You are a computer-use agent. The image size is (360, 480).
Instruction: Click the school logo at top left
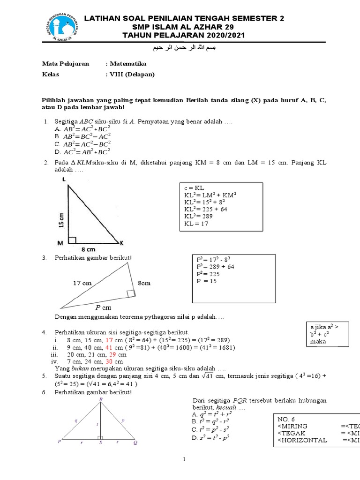click(56, 26)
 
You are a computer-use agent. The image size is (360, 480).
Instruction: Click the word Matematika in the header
click(128, 64)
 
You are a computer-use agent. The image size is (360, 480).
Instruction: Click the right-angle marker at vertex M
click(72, 240)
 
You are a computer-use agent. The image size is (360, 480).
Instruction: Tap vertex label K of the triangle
click(121, 243)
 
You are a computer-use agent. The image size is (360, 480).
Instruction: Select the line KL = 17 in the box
click(196, 224)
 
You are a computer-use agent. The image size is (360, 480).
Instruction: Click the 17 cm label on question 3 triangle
click(82, 283)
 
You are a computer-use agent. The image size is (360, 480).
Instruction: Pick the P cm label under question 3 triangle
click(104, 308)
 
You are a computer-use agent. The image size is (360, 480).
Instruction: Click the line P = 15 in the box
click(206, 281)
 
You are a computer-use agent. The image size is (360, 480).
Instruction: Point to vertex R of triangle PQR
click(100, 399)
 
